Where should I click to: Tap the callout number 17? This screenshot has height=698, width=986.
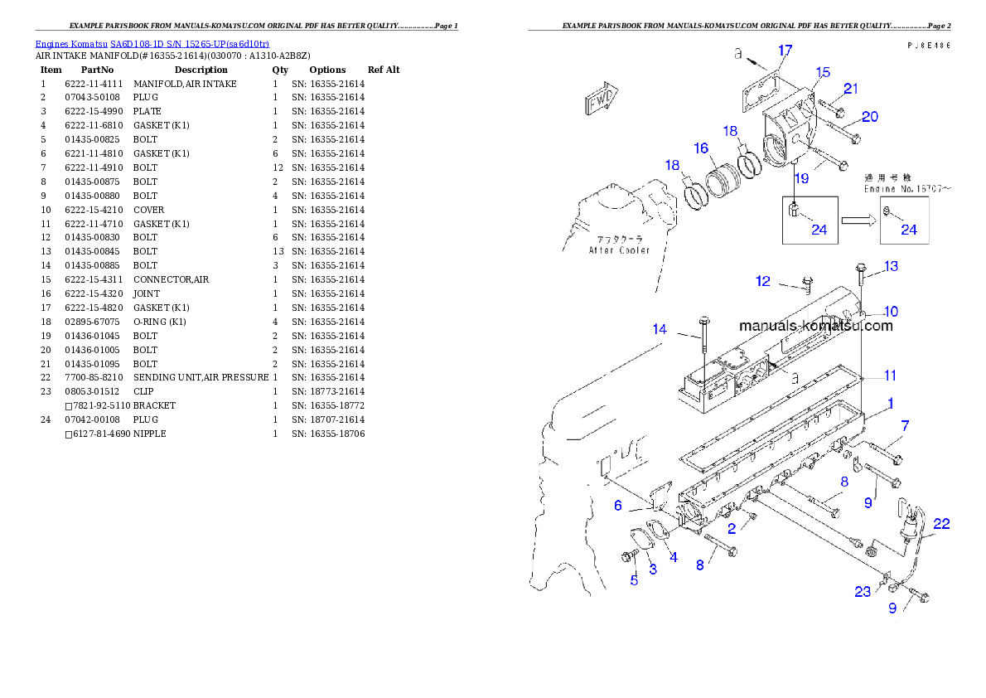pyautogui.click(x=785, y=51)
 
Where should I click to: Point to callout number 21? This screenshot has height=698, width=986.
pyautogui.click(x=851, y=89)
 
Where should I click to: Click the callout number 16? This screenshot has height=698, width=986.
pyautogui.click(x=702, y=148)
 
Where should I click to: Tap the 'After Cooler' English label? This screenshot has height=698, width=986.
pyautogui.click(x=619, y=250)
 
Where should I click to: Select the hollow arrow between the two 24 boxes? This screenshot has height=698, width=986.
pyautogui.click(x=858, y=221)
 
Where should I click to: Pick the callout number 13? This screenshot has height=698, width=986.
pyautogui.click(x=891, y=266)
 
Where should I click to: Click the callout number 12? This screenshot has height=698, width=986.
pyautogui.click(x=762, y=282)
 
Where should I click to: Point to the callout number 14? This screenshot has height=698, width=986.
pyautogui.click(x=660, y=329)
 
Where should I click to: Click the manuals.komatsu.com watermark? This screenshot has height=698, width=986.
pyautogui.click(x=815, y=326)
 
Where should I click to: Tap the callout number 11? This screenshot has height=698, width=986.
pyautogui.click(x=889, y=376)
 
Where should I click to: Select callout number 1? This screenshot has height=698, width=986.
pyautogui.click(x=890, y=404)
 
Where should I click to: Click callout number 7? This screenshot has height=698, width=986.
pyautogui.click(x=905, y=425)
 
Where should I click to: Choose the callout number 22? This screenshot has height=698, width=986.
pyautogui.click(x=941, y=524)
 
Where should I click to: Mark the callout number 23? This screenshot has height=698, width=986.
pyautogui.click(x=863, y=592)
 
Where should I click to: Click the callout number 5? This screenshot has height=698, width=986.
pyautogui.click(x=634, y=580)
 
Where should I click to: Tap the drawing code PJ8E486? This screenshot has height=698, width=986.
pyautogui.click(x=927, y=46)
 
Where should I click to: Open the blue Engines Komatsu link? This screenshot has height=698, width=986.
pyautogui.click(x=152, y=43)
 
